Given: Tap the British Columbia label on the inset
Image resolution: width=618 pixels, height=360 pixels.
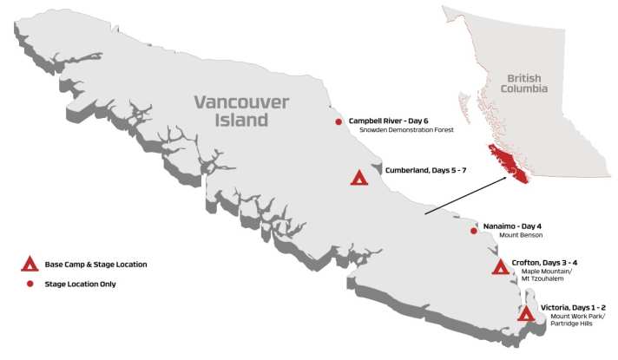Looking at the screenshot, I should tap(526, 84).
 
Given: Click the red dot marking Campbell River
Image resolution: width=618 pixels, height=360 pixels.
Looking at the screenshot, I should tap(339, 122).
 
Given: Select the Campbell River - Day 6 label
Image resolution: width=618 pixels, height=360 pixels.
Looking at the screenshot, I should tap(388, 121).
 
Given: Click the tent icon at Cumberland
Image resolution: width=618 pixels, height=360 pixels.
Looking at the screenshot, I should tap(358, 178).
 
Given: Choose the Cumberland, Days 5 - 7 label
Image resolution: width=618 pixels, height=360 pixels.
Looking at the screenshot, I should tap(425, 171).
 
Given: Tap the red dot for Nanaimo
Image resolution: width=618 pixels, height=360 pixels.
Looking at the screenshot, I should tap(473, 231).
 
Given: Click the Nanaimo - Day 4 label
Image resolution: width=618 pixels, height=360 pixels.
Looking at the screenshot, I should tap(513, 226).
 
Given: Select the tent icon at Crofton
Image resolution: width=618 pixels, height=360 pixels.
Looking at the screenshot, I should tap(500, 267).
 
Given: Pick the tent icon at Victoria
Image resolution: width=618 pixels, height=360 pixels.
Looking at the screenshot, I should tap(525, 314).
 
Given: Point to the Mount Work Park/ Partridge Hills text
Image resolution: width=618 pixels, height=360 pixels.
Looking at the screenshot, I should tap(574, 321).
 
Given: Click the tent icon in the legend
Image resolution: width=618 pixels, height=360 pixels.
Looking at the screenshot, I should tap(29, 263).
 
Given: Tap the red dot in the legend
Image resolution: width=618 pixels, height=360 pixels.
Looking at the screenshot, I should tap(29, 284).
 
